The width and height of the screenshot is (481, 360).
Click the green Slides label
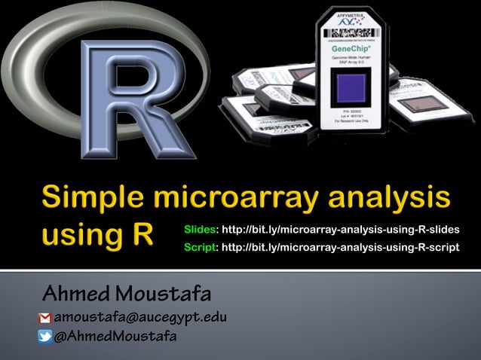click(201, 229)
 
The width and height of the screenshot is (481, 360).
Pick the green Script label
click(201, 246)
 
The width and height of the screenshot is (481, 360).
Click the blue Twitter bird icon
click(45, 337)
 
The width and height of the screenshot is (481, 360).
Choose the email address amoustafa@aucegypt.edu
click(140, 317)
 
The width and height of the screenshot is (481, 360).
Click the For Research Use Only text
click(351, 127)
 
